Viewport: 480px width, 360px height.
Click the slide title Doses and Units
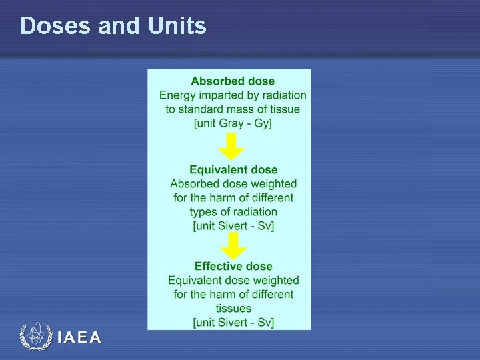point(113,26)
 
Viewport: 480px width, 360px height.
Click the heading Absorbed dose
point(233,81)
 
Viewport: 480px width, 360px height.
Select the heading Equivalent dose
point(233,170)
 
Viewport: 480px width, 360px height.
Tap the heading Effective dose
point(233,267)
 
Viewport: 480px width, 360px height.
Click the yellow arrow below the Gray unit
point(232,147)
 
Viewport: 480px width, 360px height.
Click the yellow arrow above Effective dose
point(233,245)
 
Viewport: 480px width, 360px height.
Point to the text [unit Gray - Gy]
point(233,123)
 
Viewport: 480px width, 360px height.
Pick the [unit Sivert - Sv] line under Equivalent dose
point(233,226)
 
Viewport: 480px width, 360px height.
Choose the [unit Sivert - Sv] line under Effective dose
point(233,323)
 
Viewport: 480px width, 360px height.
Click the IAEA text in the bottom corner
point(79,338)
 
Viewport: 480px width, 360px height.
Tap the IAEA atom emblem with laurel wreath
point(36,337)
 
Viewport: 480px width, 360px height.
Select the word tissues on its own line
point(233,309)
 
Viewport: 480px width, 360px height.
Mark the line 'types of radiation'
point(233,212)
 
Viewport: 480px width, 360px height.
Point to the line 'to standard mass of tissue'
point(233,109)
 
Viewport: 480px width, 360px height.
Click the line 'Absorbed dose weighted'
point(233,184)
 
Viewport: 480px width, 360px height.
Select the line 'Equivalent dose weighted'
point(233,281)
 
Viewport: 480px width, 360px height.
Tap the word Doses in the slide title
point(56,26)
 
